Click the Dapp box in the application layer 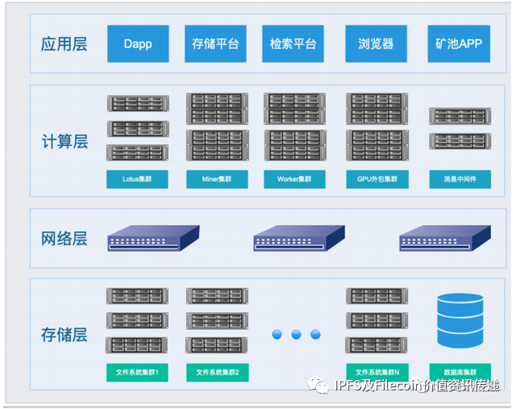[138, 44]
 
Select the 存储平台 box [216, 44]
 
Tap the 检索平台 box [293, 44]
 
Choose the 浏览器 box [376, 44]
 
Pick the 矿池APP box [459, 44]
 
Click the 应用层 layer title [64, 44]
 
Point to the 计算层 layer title [64, 142]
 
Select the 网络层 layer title [64, 239]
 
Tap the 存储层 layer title [64, 334]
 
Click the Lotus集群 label [137, 179]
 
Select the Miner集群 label [217, 179]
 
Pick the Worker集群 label [294, 179]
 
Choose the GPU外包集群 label [377, 179]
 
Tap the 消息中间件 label [460, 179]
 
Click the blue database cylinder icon [460, 321]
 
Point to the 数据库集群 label [460, 372]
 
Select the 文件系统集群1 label [137, 372]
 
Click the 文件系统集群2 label [217, 372]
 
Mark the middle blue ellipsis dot [296, 334]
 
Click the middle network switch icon [299, 237]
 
